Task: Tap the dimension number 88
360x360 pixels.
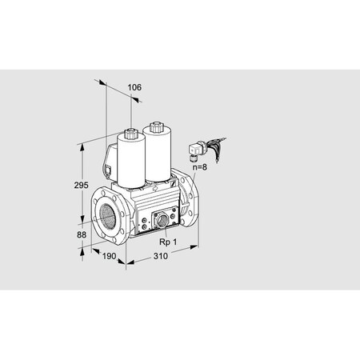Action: pyautogui.click(x=72, y=234)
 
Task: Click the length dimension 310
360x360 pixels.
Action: pyautogui.click(x=161, y=258)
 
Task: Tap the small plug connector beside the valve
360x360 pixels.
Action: pyautogui.click(x=196, y=149)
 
